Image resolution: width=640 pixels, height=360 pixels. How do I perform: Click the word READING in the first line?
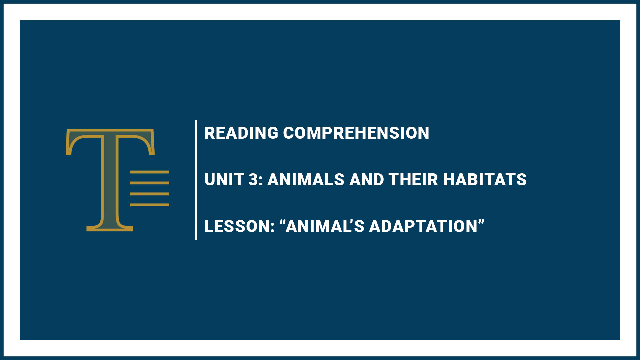tap(241, 133)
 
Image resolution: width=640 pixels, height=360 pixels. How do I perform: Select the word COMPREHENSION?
tap(356, 133)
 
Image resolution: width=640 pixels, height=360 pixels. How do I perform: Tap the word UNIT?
tap(224, 180)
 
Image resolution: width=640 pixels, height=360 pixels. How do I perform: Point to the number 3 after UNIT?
tap(253, 180)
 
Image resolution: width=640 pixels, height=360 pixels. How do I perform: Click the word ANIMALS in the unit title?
tap(306, 180)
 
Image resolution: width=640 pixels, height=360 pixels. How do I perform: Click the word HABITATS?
tap(485, 180)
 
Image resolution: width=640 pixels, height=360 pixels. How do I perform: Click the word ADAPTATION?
tap(423, 226)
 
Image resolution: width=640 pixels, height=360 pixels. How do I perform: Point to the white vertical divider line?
tap(196, 180)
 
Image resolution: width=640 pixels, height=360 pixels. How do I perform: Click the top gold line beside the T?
tap(149, 172)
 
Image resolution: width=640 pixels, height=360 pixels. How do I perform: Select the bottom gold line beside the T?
tap(149, 205)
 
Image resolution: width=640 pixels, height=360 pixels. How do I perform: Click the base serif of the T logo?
tap(110, 228)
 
